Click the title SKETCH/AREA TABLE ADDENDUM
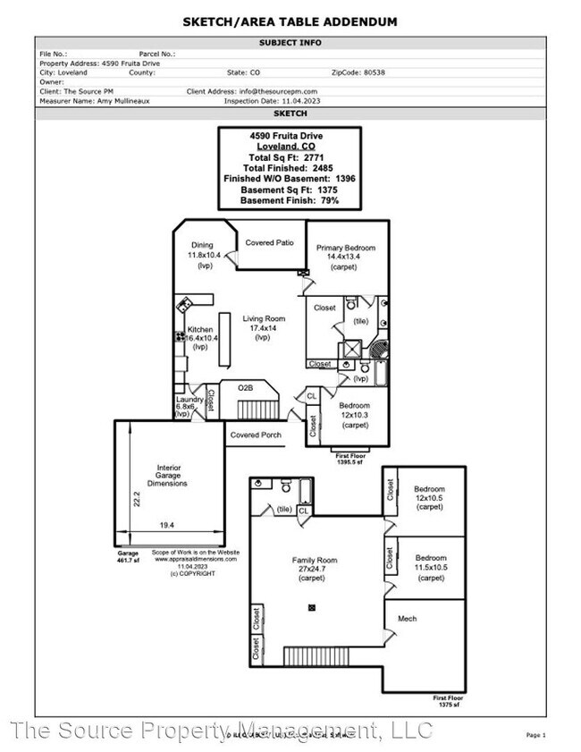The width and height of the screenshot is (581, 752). click(x=290, y=21)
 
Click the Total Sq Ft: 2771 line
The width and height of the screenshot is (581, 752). click(x=290, y=157)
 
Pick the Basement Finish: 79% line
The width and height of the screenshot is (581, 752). click(x=290, y=200)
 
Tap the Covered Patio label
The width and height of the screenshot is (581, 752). click(x=269, y=243)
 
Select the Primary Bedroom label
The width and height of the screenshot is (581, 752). click(x=346, y=248)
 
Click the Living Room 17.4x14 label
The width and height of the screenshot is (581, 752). click(x=263, y=318)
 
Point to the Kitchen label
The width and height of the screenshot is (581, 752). click(x=199, y=330)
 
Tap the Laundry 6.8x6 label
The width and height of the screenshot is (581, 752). click(x=188, y=401)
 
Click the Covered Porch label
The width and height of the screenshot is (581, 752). click(x=256, y=435)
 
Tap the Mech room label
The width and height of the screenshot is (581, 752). click(x=407, y=619)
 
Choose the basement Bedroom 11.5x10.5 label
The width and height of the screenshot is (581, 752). click(x=431, y=568)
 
